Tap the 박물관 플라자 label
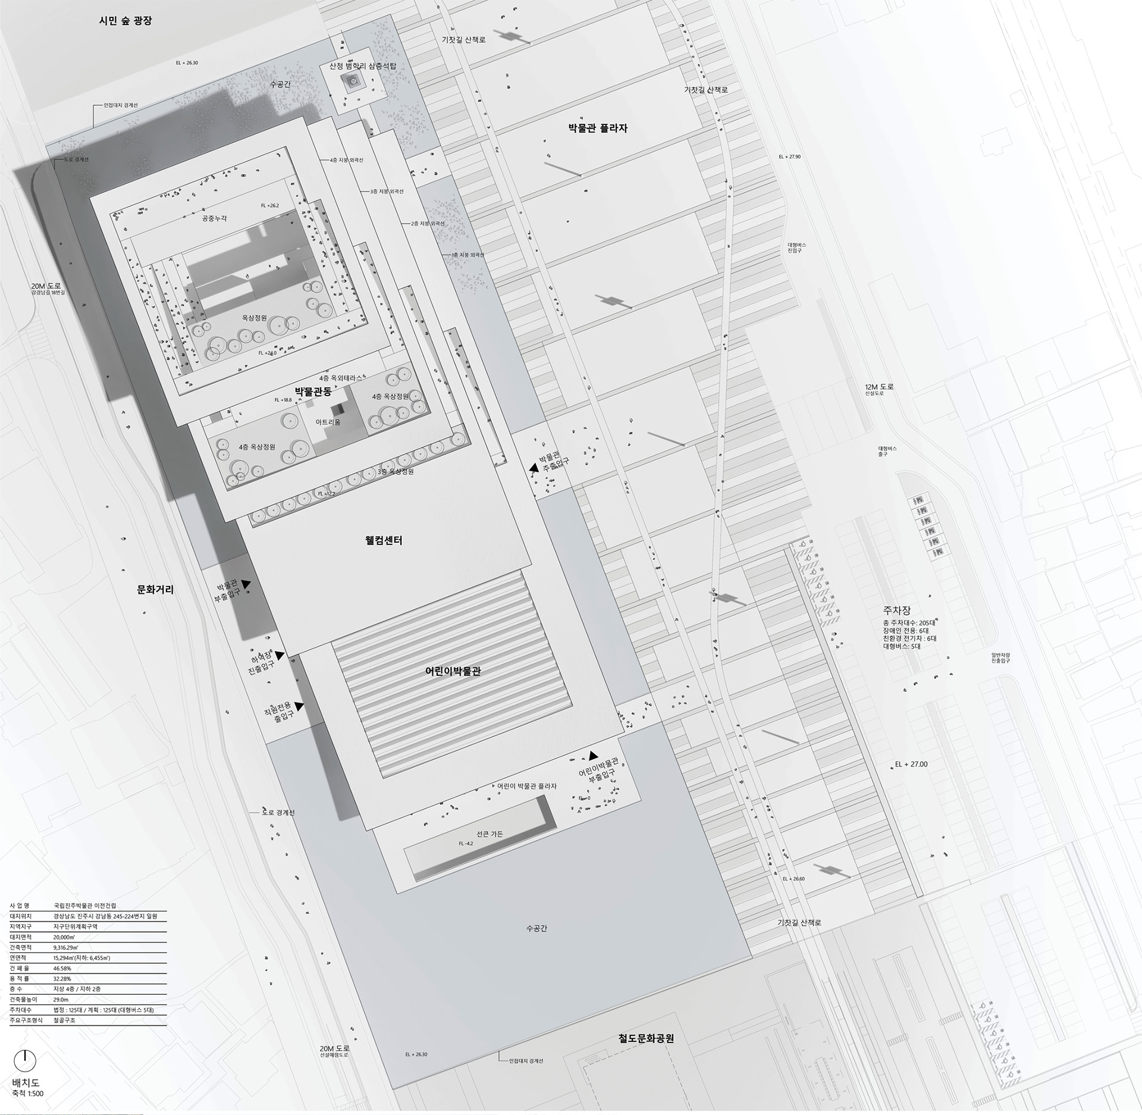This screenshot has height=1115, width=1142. click(597, 128)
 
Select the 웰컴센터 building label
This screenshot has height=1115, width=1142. click(384, 541)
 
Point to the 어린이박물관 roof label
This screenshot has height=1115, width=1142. click(453, 671)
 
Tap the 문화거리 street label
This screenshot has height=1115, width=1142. click(155, 590)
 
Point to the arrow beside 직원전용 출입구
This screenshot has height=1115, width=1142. click(299, 706)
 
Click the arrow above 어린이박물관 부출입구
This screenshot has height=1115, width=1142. click(592, 756)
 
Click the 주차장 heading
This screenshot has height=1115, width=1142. click(897, 611)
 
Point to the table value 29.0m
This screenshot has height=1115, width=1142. click(61, 1000)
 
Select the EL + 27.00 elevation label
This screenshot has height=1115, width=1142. click(911, 764)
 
